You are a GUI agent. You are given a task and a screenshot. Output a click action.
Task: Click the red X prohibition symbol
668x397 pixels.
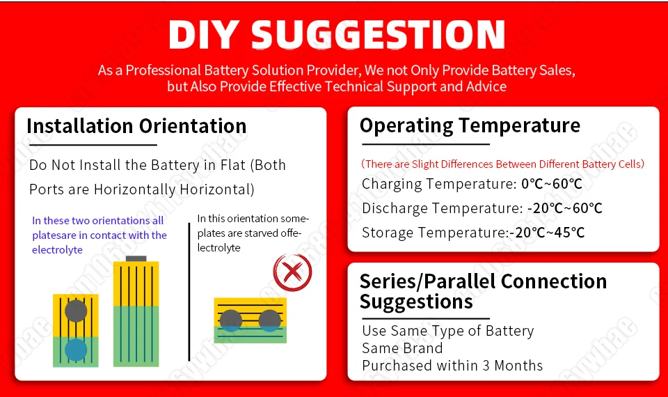[x=292, y=272]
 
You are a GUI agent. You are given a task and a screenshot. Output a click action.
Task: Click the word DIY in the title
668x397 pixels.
[x=204, y=35]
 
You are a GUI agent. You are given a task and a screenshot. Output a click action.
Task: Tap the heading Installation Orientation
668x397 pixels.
[x=137, y=126]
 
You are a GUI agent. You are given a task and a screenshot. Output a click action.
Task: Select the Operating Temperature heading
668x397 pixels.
[x=470, y=126]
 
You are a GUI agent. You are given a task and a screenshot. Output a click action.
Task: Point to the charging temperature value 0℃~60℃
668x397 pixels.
[x=552, y=184]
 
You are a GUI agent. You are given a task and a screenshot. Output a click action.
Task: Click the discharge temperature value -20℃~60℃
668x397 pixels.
[x=564, y=208]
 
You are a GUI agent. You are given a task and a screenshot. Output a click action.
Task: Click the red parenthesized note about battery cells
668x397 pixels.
[x=502, y=164]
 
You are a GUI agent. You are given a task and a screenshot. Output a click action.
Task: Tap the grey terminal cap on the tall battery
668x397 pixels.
[x=136, y=258]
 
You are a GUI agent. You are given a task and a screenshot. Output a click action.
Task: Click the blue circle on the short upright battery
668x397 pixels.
[x=76, y=350]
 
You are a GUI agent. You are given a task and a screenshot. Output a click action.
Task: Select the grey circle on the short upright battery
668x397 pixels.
[x=76, y=311]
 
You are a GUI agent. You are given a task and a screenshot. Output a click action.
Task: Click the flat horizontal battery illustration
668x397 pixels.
[x=250, y=320]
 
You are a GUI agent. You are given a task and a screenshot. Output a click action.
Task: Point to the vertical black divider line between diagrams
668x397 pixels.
[x=189, y=292]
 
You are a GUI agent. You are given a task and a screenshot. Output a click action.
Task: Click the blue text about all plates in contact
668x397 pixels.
[x=100, y=235]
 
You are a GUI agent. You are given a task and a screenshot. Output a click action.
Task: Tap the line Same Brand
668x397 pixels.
[x=402, y=348]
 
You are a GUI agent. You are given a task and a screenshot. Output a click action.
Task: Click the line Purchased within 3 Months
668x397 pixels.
[x=452, y=366]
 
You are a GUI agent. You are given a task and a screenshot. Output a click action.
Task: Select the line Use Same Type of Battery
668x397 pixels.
[x=447, y=331]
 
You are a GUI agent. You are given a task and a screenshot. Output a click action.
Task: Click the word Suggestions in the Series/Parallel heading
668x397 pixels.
[x=416, y=302]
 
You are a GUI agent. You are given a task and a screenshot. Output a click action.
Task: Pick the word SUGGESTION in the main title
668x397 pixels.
[x=378, y=35]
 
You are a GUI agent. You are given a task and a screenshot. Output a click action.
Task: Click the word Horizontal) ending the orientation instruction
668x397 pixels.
[x=217, y=189]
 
